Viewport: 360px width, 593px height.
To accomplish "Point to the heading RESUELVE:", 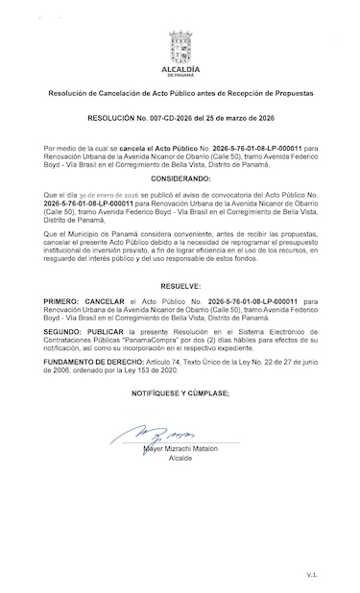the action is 180,286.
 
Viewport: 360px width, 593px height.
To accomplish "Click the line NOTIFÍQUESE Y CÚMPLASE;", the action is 180,393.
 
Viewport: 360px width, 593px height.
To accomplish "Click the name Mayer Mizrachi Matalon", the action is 180,449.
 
